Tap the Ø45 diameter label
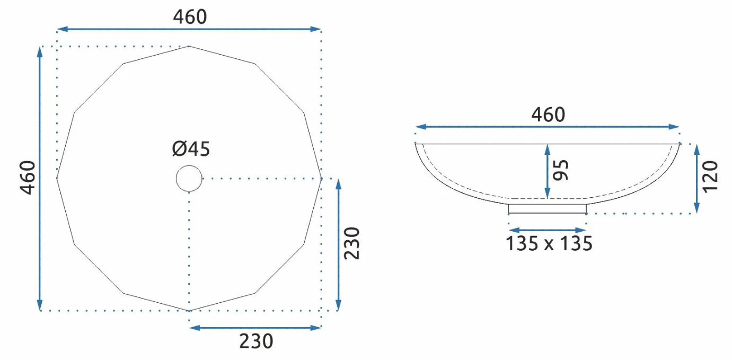(191, 149)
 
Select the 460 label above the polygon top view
(190, 16)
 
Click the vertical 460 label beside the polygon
(28, 178)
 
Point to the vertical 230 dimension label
(351, 243)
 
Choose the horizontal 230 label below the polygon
(256, 341)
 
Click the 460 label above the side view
(548, 115)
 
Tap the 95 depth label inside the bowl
(561, 170)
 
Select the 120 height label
(710, 177)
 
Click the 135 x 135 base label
(549, 243)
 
